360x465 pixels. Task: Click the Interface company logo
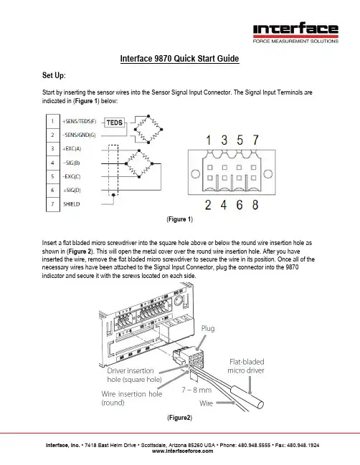pyautogui.click(x=295, y=33)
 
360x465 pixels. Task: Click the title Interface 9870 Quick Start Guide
pyautogui.click(x=179, y=59)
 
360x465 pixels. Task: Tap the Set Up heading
pyautogui.click(x=54, y=75)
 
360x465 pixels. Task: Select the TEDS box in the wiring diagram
pyautogui.click(x=115, y=123)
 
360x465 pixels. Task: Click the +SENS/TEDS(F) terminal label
pyautogui.click(x=79, y=121)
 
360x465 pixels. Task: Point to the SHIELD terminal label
pyautogui.click(x=71, y=204)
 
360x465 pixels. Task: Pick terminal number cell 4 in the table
pyautogui.click(x=53, y=163)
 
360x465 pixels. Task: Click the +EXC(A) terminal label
pyautogui.click(x=72, y=148)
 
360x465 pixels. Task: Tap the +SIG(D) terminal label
pyautogui.click(x=72, y=190)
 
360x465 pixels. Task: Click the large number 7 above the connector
pyautogui.click(x=255, y=140)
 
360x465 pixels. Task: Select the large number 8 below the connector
pyautogui.click(x=255, y=205)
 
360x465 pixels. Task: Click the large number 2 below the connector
pyautogui.click(x=208, y=205)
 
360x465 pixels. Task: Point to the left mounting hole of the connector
pyautogui.click(x=195, y=174)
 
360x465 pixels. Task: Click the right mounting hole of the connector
pyautogui.click(x=268, y=174)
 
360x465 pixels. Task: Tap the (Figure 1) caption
pyautogui.click(x=179, y=219)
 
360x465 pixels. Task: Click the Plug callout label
pyautogui.click(x=208, y=328)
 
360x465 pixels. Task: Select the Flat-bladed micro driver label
pyautogui.click(x=246, y=366)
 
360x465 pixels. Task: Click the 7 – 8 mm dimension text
pyautogui.click(x=196, y=390)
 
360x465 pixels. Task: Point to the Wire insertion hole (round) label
pyautogui.click(x=131, y=398)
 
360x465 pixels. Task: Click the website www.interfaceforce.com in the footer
pyautogui.click(x=183, y=451)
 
